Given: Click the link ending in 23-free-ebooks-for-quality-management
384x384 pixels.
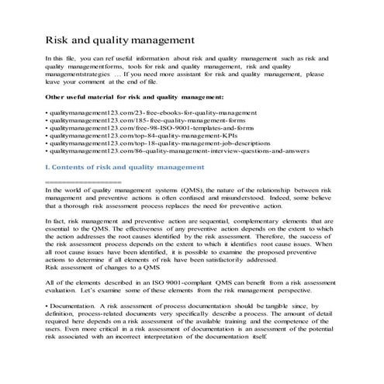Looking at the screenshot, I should click(x=125, y=112).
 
